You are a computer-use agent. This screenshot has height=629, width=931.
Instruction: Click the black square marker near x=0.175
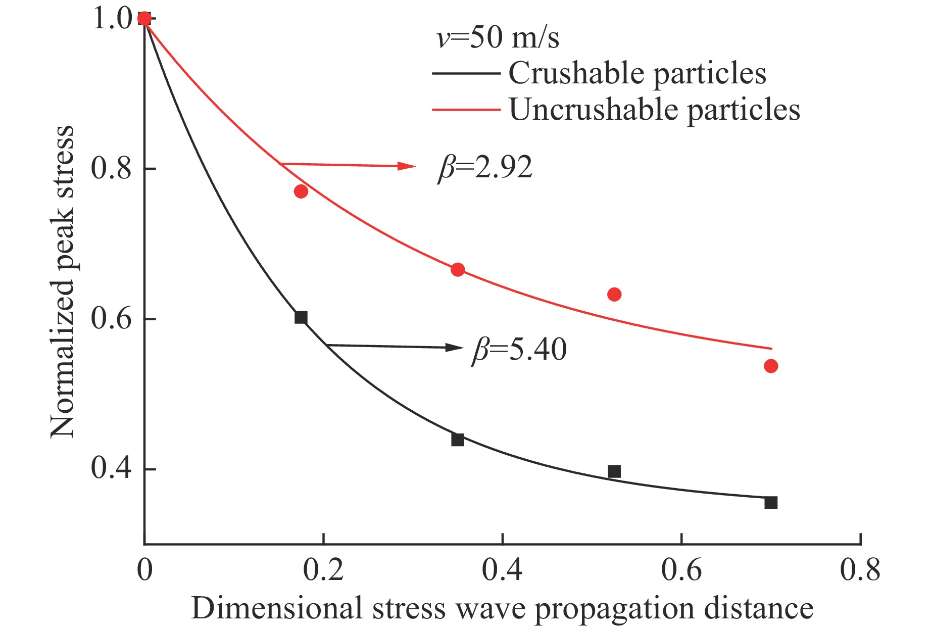click(301, 317)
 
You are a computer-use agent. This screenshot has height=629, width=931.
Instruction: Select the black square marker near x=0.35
click(457, 440)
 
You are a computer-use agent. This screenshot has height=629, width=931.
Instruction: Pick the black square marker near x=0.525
click(614, 471)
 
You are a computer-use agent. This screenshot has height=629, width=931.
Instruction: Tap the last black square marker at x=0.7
click(771, 503)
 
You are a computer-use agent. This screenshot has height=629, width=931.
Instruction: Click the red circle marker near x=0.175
click(301, 191)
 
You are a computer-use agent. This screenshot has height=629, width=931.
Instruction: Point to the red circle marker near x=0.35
click(457, 270)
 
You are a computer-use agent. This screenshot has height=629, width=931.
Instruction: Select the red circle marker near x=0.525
click(614, 295)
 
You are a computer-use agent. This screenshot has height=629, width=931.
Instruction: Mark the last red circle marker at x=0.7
click(771, 366)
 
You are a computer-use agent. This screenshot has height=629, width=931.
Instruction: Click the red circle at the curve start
click(144, 19)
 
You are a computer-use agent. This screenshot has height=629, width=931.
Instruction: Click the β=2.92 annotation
click(485, 167)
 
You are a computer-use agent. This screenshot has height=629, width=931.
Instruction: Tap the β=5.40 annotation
click(519, 349)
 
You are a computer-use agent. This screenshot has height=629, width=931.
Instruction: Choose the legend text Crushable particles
click(637, 74)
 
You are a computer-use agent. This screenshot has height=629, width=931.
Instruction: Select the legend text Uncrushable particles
click(654, 110)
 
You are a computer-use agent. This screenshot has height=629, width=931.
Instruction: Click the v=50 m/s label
click(498, 38)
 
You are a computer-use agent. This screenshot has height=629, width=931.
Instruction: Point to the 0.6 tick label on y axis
click(111, 319)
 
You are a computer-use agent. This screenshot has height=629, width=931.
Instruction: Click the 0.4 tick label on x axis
click(502, 570)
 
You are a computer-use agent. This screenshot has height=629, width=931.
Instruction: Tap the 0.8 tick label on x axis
click(860, 570)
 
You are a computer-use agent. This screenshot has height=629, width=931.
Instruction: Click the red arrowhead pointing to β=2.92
click(406, 166)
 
